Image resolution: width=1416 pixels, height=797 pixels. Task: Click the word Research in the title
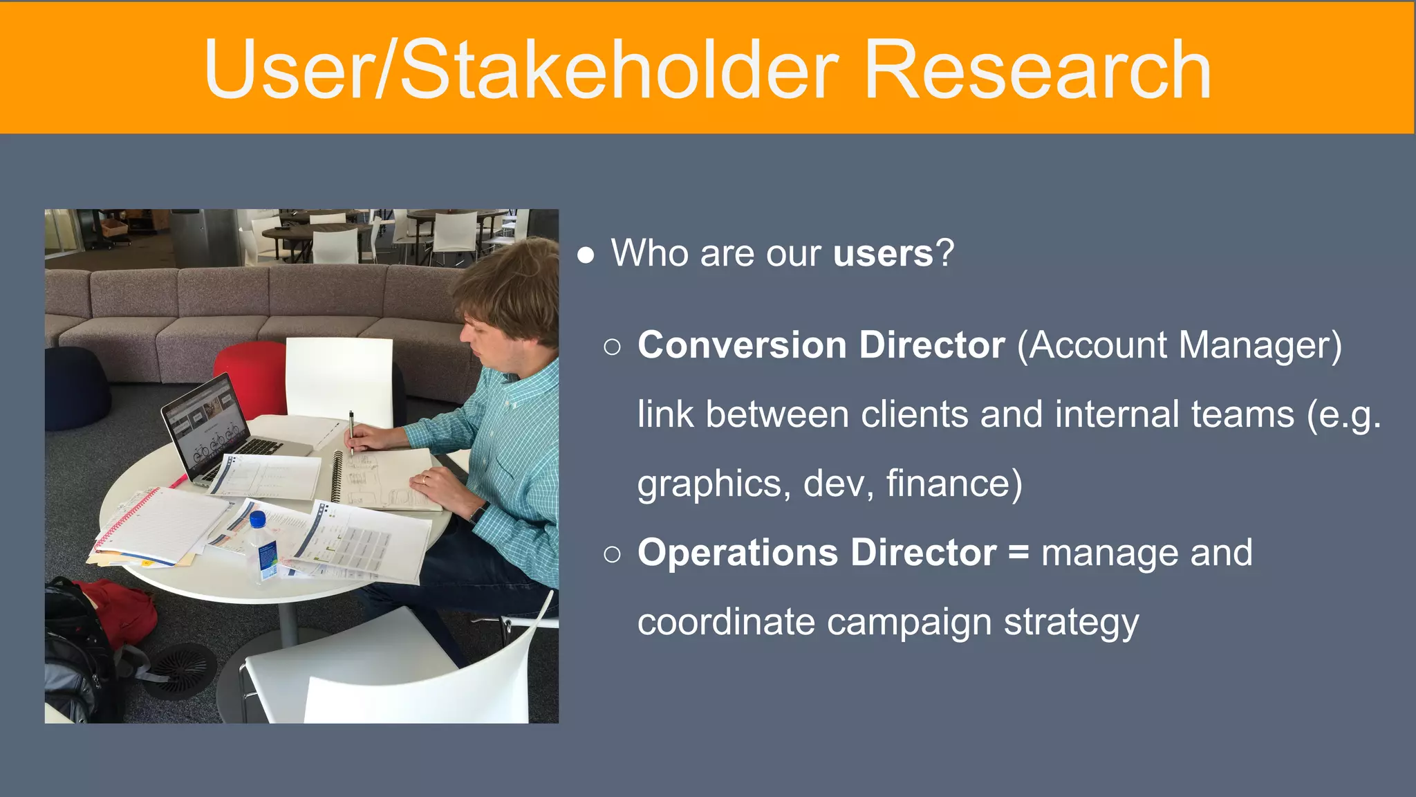point(1037,71)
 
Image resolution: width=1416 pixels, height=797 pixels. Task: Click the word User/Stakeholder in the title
point(521,71)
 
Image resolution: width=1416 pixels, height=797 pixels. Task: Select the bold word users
point(883,253)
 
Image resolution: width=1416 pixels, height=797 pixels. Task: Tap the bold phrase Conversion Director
point(821,345)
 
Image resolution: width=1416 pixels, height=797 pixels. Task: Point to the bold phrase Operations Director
point(817,553)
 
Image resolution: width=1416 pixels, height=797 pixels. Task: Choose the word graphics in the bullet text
point(709,484)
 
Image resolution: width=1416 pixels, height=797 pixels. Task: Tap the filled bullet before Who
point(586,255)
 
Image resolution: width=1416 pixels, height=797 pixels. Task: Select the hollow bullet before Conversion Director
point(612,347)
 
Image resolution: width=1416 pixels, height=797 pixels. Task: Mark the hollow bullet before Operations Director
point(612,554)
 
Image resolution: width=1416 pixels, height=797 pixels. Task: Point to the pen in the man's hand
point(351,431)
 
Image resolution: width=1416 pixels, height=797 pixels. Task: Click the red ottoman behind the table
point(249,377)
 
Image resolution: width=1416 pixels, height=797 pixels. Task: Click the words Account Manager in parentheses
point(1179,345)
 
